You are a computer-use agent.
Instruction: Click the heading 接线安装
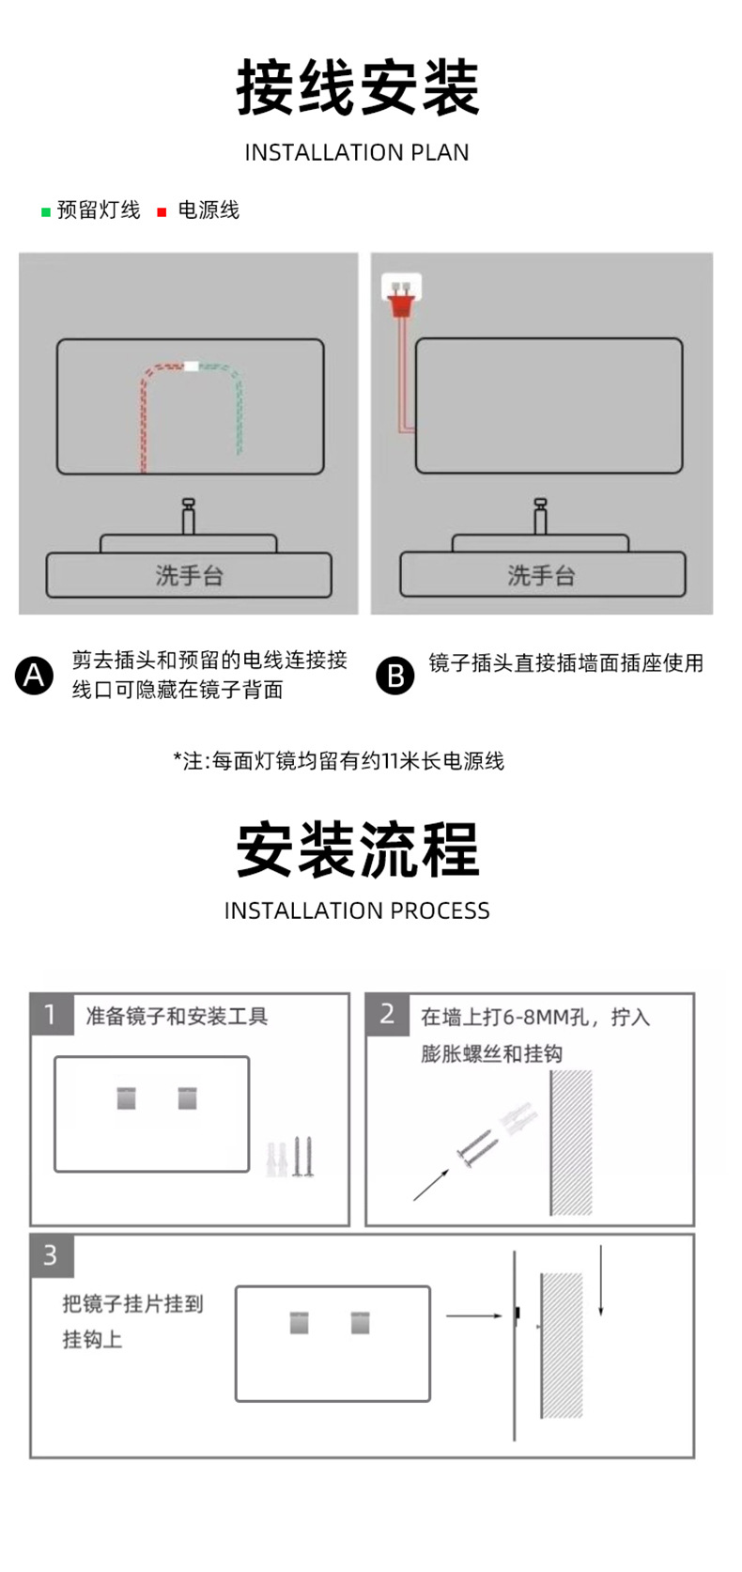click(x=357, y=87)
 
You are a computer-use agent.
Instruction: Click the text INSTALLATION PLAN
click(x=357, y=152)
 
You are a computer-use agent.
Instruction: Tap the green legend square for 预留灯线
click(x=45, y=212)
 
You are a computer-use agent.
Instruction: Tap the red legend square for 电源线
click(x=162, y=212)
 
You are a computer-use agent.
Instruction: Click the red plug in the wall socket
click(x=402, y=300)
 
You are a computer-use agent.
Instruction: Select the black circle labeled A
click(x=35, y=676)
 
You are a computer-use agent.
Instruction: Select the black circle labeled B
click(x=394, y=676)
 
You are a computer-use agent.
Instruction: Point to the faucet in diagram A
click(x=188, y=516)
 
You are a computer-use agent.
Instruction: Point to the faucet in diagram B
click(x=540, y=516)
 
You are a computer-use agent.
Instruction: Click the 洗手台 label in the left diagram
click(x=189, y=575)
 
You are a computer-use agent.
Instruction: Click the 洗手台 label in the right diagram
click(x=541, y=575)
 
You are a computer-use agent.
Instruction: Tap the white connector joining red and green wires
click(x=192, y=366)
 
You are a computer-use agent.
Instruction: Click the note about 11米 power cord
click(x=338, y=760)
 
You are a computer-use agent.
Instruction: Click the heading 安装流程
click(x=357, y=849)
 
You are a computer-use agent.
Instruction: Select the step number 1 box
click(x=52, y=1015)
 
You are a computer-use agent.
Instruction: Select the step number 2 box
click(x=387, y=1015)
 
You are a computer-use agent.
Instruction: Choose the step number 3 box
click(x=52, y=1255)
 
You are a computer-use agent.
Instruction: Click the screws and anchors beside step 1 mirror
click(x=291, y=1158)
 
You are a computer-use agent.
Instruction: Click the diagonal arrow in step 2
click(x=431, y=1183)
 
